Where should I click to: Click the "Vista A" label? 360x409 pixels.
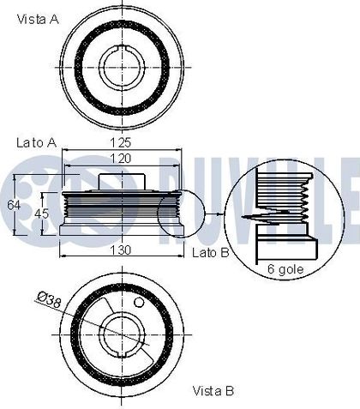pos(38,20)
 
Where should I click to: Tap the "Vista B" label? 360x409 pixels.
pos(213,391)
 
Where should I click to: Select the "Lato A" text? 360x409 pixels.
pos(37,142)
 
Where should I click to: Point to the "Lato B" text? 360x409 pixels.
pos(210,252)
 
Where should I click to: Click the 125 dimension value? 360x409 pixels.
pos(122,143)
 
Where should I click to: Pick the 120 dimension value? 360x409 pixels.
pos(121,159)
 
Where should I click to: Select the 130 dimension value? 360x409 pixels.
pos(121,250)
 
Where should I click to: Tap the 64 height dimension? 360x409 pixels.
pos(14,205)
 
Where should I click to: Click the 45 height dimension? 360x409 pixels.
pos(42,214)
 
